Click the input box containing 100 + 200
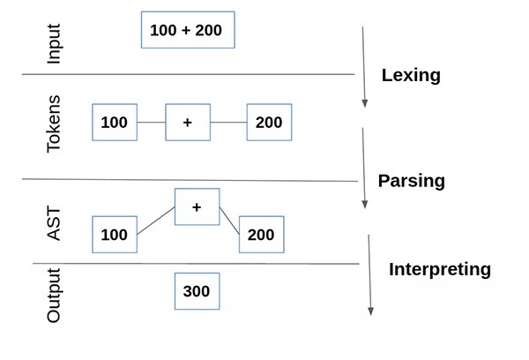pyautogui.click(x=188, y=30)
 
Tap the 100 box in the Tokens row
pyautogui.click(x=115, y=123)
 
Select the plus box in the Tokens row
pyautogui.click(x=188, y=123)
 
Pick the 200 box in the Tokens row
pyautogui.click(x=269, y=123)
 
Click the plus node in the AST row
pyautogui.click(x=197, y=206)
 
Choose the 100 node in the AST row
pyautogui.click(x=115, y=235)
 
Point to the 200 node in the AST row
pyautogui.click(x=262, y=235)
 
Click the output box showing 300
pyautogui.click(x=197, y=291)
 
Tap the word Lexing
pyautogui.click(x=411, y=76)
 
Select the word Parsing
pyautogui.click(x=411, y=182)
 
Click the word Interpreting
pyautogui.click(x=440, y=270)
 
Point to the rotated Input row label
pyautogui.click(x=54, y=43)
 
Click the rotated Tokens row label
pyautogui.click(x=54, y=124)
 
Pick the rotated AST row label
pyautogui.click(x=54, y=223)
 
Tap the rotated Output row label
pyautogui.click(x=54, y=296)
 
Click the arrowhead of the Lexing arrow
pyautogui.click(x=364, y=104)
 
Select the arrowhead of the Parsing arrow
pyautogui.click(x=364, y=205)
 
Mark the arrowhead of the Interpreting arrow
pyautogui.click(x=370, y=311)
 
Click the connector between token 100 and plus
pyautogui.click(x=152, y=123)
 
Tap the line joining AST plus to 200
pyautogui.click(x=229, y=221)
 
